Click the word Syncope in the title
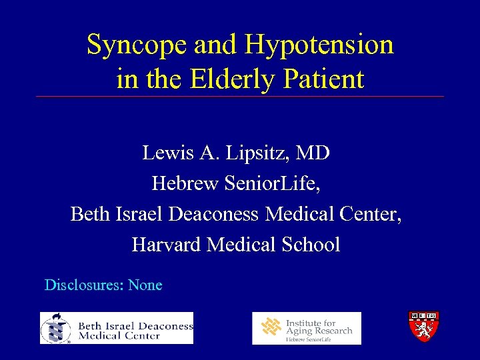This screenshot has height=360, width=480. click(137, 45)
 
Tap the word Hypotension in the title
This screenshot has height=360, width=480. click(319, 45)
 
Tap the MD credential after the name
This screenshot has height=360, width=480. click(313, 153)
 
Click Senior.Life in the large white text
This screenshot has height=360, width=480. click(273, 183)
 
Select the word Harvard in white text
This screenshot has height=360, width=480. click(167, 245)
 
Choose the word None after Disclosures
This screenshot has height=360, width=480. click(145, 285)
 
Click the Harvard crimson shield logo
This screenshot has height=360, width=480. click(423, 327)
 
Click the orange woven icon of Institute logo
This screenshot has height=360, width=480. click(271, 327)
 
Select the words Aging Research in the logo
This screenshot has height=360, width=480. click(319, 331)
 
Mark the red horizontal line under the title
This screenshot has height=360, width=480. click(240, 97)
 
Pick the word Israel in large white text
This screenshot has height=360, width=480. click(141, 214)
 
